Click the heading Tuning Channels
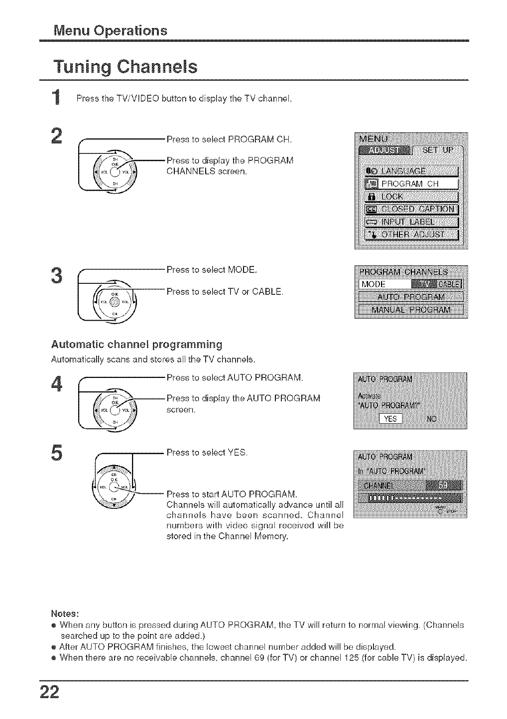126,67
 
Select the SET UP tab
437,150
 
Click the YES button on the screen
391,419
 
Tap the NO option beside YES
431,419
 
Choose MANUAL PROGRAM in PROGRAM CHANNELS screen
411,310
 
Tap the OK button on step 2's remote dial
115,172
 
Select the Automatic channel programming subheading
136,345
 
